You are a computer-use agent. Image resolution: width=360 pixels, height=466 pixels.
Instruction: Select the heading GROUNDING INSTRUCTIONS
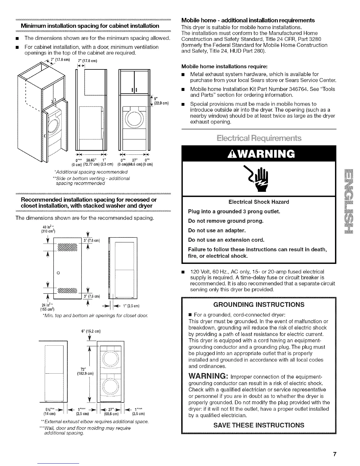[x=259, y=304]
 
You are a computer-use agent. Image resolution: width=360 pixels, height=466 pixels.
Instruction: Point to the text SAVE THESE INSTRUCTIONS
[x=259, y=425]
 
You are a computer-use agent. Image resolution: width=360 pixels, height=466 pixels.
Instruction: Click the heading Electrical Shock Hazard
[x=259, y=202]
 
